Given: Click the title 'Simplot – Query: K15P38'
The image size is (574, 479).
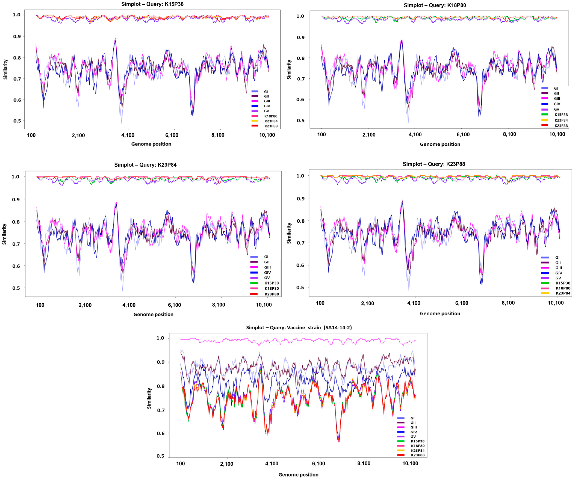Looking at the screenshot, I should pos(152,4).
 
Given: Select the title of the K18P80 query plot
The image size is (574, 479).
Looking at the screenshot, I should pos(435,5).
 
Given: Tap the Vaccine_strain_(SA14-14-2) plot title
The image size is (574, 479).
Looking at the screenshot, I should pos(299,328).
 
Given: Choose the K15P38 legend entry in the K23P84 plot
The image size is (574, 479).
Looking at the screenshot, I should pos(271,283).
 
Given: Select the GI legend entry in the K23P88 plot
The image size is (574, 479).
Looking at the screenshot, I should pos(557,257).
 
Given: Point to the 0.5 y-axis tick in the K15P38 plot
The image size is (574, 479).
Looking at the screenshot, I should pos(17,121).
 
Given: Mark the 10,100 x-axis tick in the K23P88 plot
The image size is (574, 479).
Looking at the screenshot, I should pos(555,303).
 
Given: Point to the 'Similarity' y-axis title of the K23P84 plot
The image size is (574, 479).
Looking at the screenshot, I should pos(4,234).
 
